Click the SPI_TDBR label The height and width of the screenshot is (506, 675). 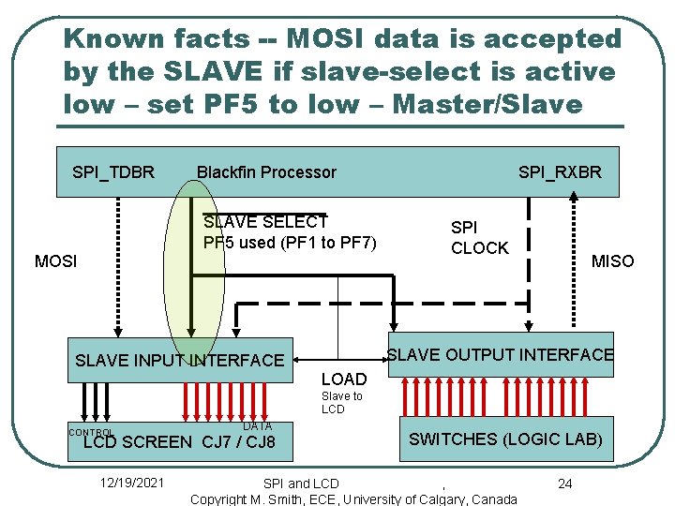click(113, 171)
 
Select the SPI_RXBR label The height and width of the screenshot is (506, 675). click(560, 171)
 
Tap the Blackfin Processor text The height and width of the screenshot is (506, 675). click(266, 171)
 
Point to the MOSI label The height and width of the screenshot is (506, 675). click(55, 260)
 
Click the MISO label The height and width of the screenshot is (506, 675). click(612, 260)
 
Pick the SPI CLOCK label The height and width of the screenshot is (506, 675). click(479, 238)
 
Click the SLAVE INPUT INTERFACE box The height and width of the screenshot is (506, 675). click(179, 360)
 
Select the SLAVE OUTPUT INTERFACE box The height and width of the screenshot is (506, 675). click(500, 354)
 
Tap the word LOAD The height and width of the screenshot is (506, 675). click(343, 379)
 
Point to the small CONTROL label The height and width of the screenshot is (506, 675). click(90, 432)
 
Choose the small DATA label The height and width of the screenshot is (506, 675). click(257, 426)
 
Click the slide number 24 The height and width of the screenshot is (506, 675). click(564, 483)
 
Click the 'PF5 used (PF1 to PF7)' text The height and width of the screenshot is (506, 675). click(290, 243)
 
